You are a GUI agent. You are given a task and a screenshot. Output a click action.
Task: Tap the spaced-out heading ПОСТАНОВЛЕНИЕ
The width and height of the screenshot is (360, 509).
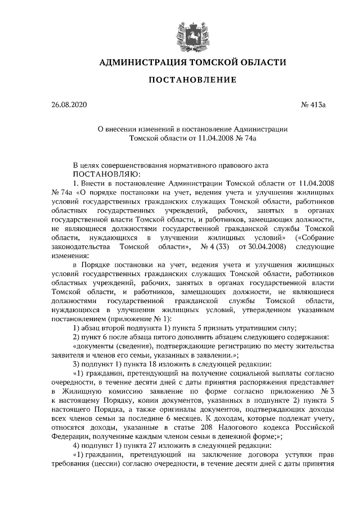192,80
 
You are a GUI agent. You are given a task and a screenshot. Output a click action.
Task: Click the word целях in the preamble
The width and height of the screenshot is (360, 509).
94,165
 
